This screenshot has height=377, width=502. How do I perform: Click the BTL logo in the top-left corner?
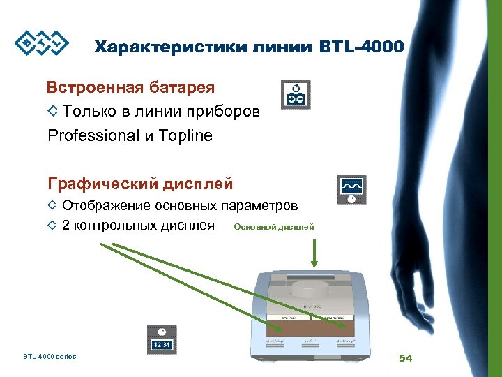(x=43, y=43)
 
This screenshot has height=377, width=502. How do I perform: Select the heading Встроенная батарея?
(x=130, y=88)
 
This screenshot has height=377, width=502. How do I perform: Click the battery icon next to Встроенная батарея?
(x=296, y=94)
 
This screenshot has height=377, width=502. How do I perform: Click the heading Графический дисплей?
(x=140, y=184)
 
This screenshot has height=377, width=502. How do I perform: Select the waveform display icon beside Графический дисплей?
(x=351, y=189)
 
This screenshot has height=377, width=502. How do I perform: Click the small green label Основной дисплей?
(x=274, y=227)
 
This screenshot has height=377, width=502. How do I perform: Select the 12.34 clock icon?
(x=161, y=339)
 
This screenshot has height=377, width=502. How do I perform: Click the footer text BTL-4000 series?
(x=50, y=357)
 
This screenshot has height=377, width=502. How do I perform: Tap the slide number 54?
(x=406, y=358)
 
